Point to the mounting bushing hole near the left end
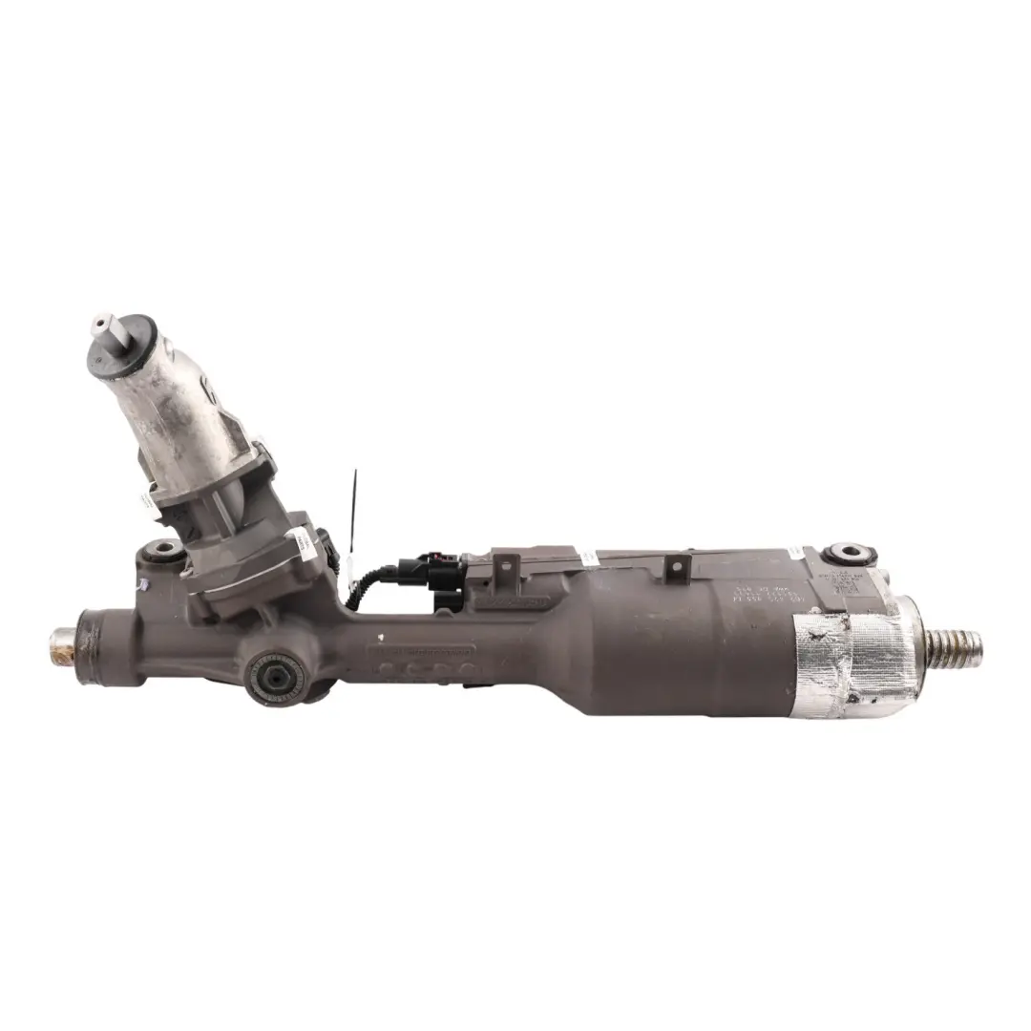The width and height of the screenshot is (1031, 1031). [163, 549]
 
